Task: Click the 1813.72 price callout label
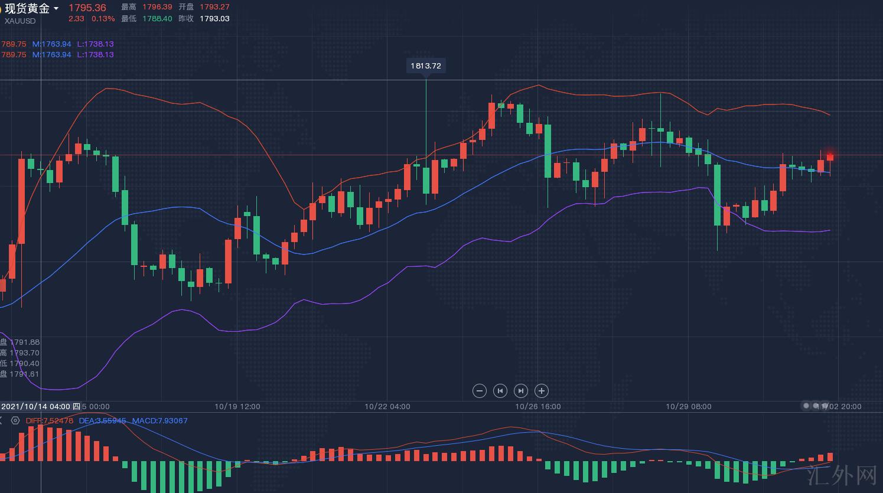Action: pyautogui.click(x=426, y=66)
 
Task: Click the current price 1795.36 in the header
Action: pyautogui.click(x=87, y=8)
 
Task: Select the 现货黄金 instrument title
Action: pyautogui.click(x=27, y=8)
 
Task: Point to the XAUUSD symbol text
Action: pyautogui.click(x=20, y=21)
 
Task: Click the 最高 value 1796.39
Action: pyautogui.click(x=157, y=7)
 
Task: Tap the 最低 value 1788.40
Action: pyautogui.click(x=157, y=18)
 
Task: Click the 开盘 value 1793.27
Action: pyautogui.click(x=214, y=7)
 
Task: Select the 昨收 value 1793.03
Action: pyautogui.click(x=214, y=18)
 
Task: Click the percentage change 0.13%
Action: pyautogui.click(x=103, y=18)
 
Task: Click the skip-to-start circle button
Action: pyautogui.click(x=500, y=390)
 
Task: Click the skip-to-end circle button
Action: pyautogui.click(x=521, y=390)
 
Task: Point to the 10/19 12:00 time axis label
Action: pyautogui.click(x=237, y=406)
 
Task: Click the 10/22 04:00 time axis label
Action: pyautogui.click(x=387, y=406)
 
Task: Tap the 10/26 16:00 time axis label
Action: pyautogui.click(x=538, y=406)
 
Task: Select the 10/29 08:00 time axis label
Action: pyautogui.click(x=689, y=406)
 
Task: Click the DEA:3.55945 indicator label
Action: pyautogui.click(x=102, y=420)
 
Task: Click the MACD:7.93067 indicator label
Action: pyautogui.click(x=159, y=420)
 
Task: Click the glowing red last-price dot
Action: pyautogui.click(x=830, y=156)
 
